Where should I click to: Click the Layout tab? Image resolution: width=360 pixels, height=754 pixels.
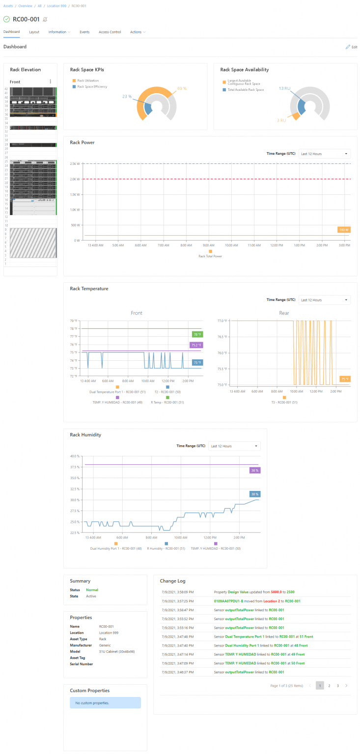[x=34, y=32]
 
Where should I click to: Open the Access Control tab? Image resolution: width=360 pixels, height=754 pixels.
[x=110, y=32]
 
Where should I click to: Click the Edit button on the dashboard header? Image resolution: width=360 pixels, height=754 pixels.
[x=351, y=47]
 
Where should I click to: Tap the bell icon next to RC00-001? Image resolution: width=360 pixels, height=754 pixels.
[x=45, y=19]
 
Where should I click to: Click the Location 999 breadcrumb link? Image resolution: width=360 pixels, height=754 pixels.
[x=56, y=5]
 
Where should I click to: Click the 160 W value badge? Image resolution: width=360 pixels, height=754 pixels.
[x=344, y=230]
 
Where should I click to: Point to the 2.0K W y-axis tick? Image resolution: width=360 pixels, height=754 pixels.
[x=75, y=179]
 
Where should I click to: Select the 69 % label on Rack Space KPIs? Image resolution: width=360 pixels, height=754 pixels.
[x=182, y=89]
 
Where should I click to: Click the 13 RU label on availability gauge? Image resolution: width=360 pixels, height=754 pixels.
[x=285, y=88]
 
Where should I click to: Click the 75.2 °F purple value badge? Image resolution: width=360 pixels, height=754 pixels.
[x=196, y=345]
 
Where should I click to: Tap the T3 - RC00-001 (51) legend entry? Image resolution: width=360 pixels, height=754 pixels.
[x=284, y=402]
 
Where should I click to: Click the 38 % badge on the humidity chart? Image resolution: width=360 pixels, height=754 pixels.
[x=255, y=470]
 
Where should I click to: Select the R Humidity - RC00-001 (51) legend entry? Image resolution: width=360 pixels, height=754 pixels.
[x=166, y=548]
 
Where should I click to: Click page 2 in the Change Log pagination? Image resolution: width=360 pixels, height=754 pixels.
[x=329, y=685]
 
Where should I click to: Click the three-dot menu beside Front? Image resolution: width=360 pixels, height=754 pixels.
[x=50, y=81]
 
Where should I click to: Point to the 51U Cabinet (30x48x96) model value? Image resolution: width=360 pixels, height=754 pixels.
[x=117, y=651]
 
